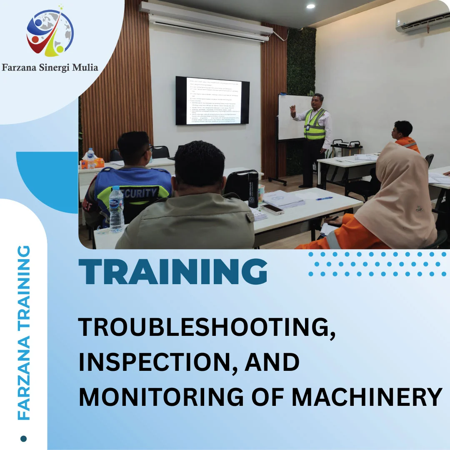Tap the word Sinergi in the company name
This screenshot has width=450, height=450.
pyautogui.click(x=58, y=67)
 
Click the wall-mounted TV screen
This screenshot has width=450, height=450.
pyautogui.click(x=212, y=100)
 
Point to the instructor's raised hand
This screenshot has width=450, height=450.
pyautogui.click(x=293, y=110)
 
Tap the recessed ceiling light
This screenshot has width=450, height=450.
pyautogui.click(x=310, y=6)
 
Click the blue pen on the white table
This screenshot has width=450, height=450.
pyautogui.click(x=324, y=198)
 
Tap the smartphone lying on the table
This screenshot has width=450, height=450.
pyautogui.click(x=272, y=209)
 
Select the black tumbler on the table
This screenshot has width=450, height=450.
pyautogui.click(x=253, y=190)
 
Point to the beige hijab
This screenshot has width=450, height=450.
pyautogui.click(x=396, y=196)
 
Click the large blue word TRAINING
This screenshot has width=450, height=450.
pyautogui.click(x=172, y=272)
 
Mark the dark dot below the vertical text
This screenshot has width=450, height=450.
pyautogui.click(x=23, y=438)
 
